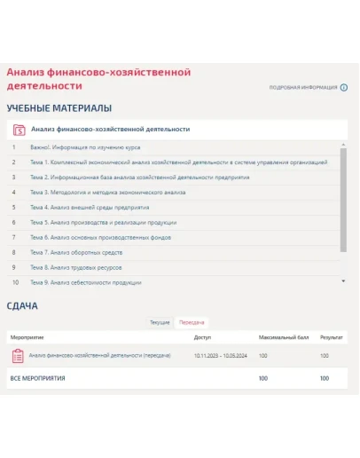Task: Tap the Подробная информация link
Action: click(x=303, y=88)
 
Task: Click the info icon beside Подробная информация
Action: click(x=344, y=88)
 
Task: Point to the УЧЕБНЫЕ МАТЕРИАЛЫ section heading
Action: click(x=59, y=108)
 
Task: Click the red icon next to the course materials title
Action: click(x=19, y=130)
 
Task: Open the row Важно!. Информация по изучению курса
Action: click(x=85, y=147)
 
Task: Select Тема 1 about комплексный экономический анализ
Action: click(x=178, y=162)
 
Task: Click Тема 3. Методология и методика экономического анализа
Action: click(x=107, y=193)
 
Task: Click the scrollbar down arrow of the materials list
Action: click(x=344, y=280)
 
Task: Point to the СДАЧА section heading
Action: click(x=22, y=306)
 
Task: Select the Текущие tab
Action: click(x=160, y=321)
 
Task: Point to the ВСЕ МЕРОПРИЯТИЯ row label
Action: click(x=36, y=378)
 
